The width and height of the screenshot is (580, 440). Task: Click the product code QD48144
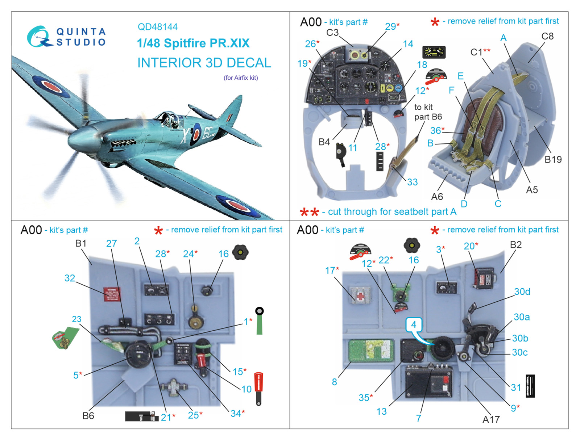click(157, 27)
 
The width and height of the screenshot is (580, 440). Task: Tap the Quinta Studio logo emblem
click(38, 37)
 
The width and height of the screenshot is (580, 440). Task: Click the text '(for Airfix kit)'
click(241, 77)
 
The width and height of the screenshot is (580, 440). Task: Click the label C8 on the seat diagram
click(547, 36)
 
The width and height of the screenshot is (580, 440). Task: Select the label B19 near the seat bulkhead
click(553, 159)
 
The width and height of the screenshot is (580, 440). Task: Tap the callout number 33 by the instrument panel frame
click(412, 182)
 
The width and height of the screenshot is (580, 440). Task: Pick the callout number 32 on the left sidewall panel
click(70, 278)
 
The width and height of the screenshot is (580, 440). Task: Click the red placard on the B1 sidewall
click(112, 294)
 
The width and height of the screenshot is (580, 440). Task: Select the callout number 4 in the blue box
click(414, 324)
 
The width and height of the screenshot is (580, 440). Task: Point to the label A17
click(491, 419)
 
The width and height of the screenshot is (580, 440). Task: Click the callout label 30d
click(522, 292)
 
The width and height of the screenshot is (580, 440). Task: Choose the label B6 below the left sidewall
click(88, 415)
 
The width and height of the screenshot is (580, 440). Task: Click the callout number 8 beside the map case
click(334, 382)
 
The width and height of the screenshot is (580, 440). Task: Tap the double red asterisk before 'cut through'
click(309, 212)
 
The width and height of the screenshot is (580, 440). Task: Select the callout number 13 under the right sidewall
click(381, 411)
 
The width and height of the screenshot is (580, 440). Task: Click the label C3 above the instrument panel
click(332, 33)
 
